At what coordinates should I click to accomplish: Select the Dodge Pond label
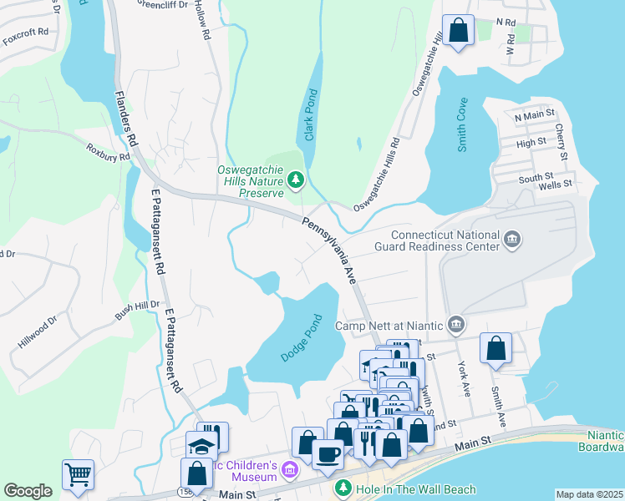301,338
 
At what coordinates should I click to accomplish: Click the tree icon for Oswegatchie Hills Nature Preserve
295,180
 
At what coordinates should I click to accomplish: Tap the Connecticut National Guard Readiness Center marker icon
512,241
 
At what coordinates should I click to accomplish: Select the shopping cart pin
78,475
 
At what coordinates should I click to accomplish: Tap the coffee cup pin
328,454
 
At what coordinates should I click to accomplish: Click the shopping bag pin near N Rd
458,31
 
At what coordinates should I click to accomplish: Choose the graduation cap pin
201,444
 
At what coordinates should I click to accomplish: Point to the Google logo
28,491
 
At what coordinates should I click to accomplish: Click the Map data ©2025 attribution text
589,494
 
